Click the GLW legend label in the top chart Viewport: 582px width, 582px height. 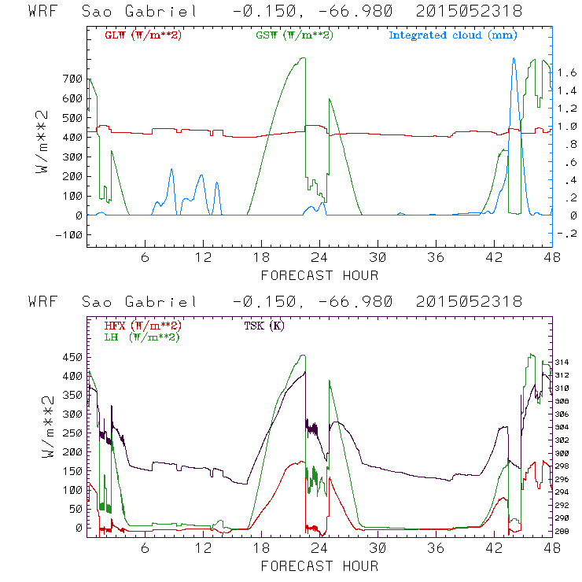[x=136, y=35]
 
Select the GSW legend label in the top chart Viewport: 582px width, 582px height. [x=286, y=35]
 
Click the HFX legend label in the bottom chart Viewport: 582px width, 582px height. [x=141, y=326]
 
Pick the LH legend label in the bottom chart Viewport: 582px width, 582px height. [x=141, y=337]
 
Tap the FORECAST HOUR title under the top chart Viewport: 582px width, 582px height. [x=319, y=275]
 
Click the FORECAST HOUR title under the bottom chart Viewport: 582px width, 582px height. [x=319, y=565]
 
